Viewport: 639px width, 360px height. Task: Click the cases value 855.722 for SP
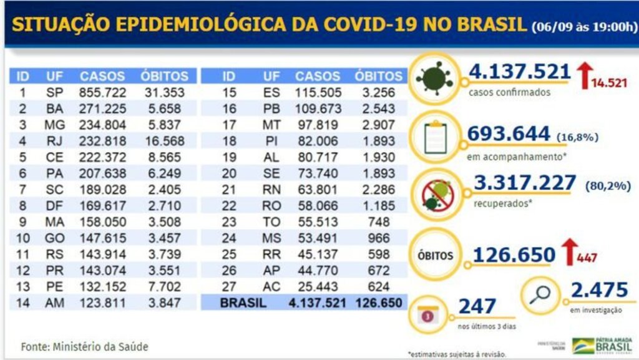(x=102, y=92)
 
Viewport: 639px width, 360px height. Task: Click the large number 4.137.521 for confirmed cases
(x=520, y=72)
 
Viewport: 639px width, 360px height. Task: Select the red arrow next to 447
(x=569, y=253)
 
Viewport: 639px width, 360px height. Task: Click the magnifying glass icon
(x=540, y=294)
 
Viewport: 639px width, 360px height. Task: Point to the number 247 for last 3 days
(x=477, y=306)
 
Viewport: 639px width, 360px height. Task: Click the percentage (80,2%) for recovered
(x=603, y=184)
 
